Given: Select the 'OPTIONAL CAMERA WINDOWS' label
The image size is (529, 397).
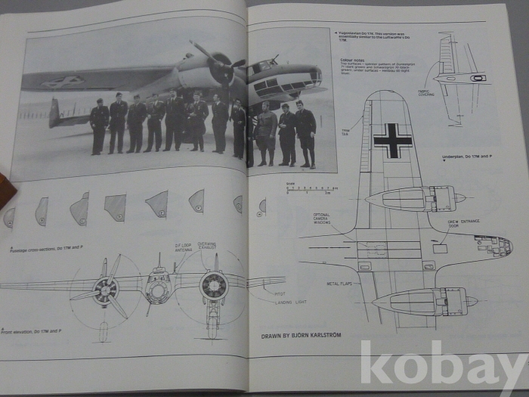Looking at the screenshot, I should click(322, 219).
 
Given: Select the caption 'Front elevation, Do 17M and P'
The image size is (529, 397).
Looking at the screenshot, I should click(32, 331).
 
